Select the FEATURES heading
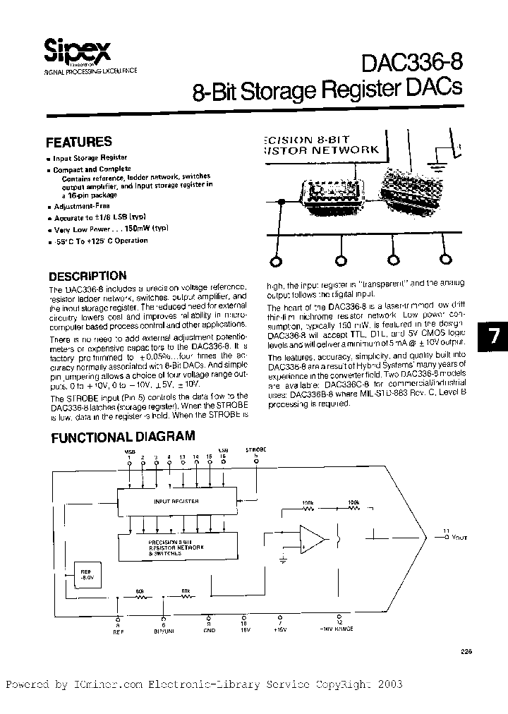point(78,142)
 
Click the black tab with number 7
point(494,337)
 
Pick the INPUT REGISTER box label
point(176,502)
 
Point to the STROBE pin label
point(255,449)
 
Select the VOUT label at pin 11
point(456,537)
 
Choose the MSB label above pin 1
point(129,449)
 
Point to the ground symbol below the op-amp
point(282,561)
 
